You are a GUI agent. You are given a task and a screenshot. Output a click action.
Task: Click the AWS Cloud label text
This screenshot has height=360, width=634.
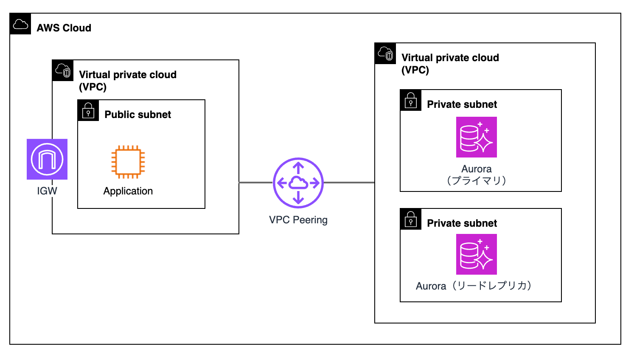pyautogui.click(x=64, y=28)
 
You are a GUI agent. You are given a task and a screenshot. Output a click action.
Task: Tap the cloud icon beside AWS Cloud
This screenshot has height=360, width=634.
pyautogui.click(x=20, y=24)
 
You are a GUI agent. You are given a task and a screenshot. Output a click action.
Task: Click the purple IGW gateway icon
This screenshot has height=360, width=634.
pyautogui.click(x=47, y=159)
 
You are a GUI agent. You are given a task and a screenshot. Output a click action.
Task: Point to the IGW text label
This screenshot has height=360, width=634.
pyautogui.click(x=47, y=191)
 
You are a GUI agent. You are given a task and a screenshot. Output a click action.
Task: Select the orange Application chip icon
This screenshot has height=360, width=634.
pyautogui.click(x=128, y=162)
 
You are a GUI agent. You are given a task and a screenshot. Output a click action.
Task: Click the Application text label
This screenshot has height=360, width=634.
pyautogui.click(x=128, y=191)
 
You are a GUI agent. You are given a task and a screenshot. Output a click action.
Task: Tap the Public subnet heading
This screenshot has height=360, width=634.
pyautogui.click(x=137, y=115)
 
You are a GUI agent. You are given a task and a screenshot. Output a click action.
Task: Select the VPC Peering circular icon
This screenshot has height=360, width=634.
pyautogui.click(x=298, y=183)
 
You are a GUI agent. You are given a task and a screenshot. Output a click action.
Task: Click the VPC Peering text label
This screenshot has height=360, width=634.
pyautogui.click(x=298, y=220)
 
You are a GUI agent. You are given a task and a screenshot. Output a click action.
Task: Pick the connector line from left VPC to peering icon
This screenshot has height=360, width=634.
pyautogui.click(x=255, y=183)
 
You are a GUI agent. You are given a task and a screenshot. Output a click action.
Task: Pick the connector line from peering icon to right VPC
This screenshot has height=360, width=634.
pyautogui.click(x=349, y=183)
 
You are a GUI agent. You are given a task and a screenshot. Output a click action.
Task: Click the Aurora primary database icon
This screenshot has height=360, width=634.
pyautogui.click(x=477, y=137)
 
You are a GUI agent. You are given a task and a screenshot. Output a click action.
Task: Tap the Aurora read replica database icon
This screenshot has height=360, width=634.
pyautogui.click(x=477, y=254)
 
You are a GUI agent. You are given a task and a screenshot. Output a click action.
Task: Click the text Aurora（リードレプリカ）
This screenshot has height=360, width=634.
pyautogui.click(x=474, y=286)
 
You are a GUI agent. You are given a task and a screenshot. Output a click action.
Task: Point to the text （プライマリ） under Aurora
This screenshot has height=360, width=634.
pyautogui.click(x=477, y=181)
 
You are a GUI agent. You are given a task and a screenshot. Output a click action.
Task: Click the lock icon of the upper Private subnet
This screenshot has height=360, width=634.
pyautogui.click(x=411, y=100)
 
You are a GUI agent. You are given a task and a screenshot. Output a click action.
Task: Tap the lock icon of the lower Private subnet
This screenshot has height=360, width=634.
pyautogui.click(x=411, y=219)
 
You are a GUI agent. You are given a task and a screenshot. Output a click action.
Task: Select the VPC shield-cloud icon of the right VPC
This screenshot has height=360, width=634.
pyautogui.click(x=385, y=53)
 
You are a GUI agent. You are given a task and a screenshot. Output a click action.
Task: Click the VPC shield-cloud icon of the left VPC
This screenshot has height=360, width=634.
pyautogui.click(x=63, y=70)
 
